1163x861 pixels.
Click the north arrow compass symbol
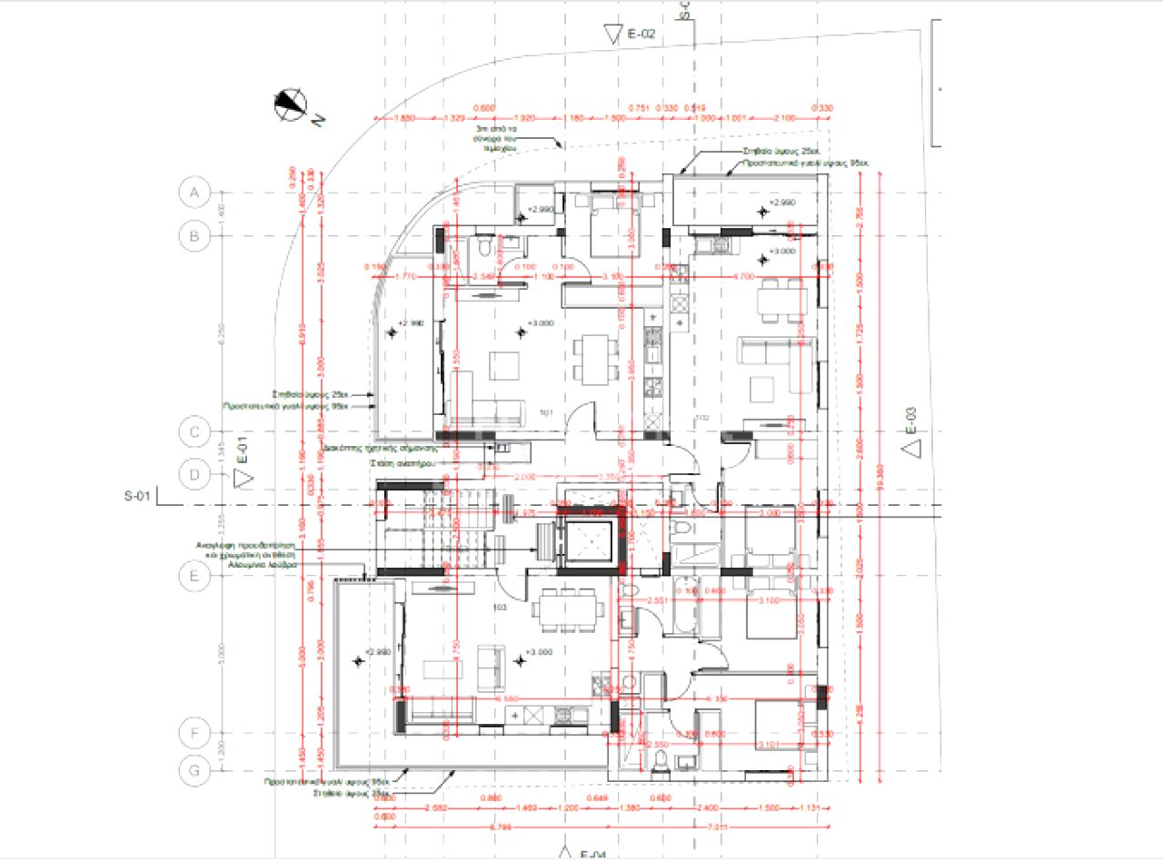tap(291, 105)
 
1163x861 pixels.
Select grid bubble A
tap(194, 193)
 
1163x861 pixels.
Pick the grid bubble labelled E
tap(194, 577)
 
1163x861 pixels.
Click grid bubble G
tap(194, 769)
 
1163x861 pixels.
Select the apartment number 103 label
tap(498, 608)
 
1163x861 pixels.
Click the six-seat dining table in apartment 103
tap(569, 609)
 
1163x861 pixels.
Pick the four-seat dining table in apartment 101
tap(593, 357)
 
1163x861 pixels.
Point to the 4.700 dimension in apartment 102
tap(744, 275)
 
